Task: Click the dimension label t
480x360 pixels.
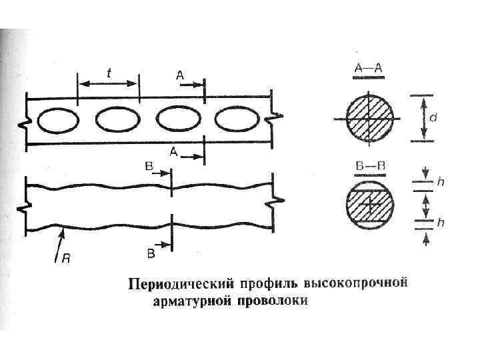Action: click(108, 70)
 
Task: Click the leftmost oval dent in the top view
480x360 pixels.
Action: click(58, 121)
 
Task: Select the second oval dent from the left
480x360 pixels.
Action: click(117, 120)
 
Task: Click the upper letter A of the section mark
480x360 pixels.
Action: click(180, 76)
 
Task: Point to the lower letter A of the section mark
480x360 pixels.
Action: click(173, 152)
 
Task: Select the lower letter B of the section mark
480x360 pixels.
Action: click(151, 254)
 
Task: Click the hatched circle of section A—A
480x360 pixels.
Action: click(367, 118)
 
